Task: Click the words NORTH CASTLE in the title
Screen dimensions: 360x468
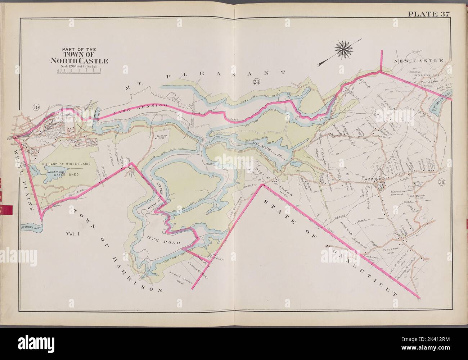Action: tap(80, 61)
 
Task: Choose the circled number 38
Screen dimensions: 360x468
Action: tap(442, 182)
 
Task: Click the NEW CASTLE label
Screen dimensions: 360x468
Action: tap(423, 61)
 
